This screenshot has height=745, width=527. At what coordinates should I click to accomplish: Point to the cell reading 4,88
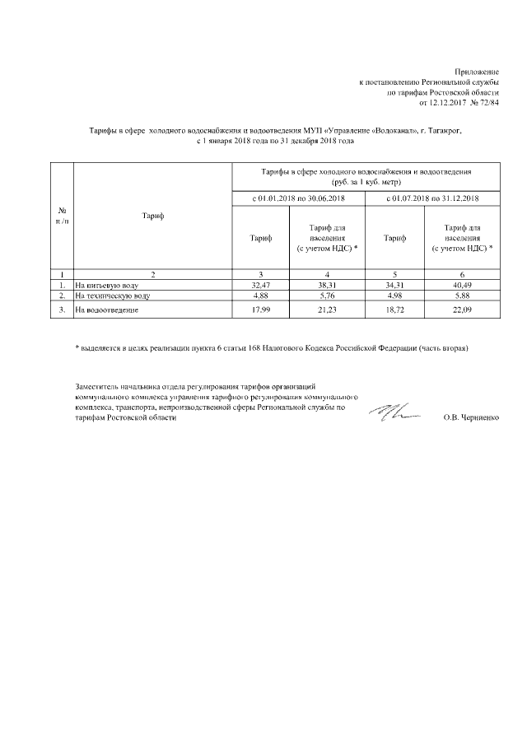coord(260,294)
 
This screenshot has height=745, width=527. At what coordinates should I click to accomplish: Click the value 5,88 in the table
coord(462,294)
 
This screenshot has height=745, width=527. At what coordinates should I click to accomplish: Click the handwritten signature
coord(394,413)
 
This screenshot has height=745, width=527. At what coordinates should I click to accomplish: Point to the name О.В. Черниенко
coord(470,418)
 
